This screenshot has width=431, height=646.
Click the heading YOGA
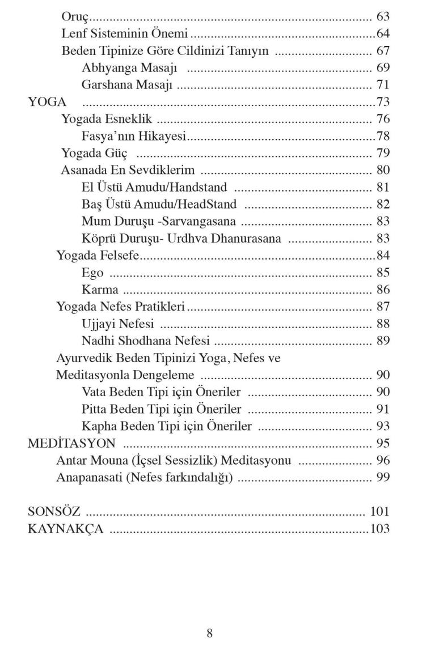pyautogui.click(x=48, y=103)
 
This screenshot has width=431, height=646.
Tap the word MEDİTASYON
pyautogui.click(x=72, y=443)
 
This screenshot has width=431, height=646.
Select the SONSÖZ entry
pyautogui.click(x=54, y=512)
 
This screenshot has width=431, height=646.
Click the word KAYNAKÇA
pyautogui.click(x=65, y=529)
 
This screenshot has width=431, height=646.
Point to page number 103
pyautogui.click(x=380, y=529)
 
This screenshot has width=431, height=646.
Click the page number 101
pyautogui.click(x=380, y=512)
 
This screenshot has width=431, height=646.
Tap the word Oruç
pyautogui.click(x=75, y=16)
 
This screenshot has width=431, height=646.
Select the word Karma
pyautogui.click(x=100, y=290)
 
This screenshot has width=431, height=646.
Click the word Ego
pyautogui.click(x=92, y=273)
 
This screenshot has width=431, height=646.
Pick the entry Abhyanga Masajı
pyautogui.click(x=130, y=69)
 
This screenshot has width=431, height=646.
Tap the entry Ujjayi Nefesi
pyautogui.click(x=118, y=324)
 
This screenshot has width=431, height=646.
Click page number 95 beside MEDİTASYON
pyautogui.click(x=383, y=443)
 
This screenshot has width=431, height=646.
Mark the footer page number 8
pyautogui.click(x=209, y=634)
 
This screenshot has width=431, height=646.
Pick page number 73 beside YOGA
pyautogui.click(x=383, y=103)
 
